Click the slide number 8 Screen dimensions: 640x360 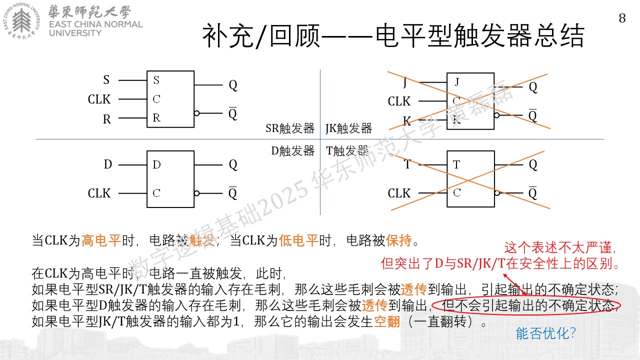pos(622,18)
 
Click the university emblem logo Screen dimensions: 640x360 pos(21,21)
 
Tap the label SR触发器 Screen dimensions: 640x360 pos(290,128)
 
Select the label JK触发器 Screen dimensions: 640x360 pos(348,128)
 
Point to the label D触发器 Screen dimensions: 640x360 pos(293,151)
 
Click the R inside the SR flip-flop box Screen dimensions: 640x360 pos(156,117)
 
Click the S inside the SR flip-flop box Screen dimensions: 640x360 pos(156,80)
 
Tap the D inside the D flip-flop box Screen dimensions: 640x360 pos(156,164)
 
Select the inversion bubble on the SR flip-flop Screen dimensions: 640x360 pos(196,113)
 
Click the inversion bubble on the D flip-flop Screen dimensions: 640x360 pos(196,193)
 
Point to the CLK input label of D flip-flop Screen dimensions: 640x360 pos(99,193)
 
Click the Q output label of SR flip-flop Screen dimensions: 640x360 pos(233,85)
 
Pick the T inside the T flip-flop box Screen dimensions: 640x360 pos(456,164)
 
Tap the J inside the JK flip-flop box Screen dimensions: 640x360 pos(457,82)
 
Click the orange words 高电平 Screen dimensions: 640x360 pos(101,240)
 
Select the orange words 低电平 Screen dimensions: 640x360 pos(298,240)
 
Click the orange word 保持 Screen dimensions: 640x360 pos(399,240)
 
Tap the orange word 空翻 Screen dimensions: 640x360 pos(386,321)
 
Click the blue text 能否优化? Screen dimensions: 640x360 pos(545,333)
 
